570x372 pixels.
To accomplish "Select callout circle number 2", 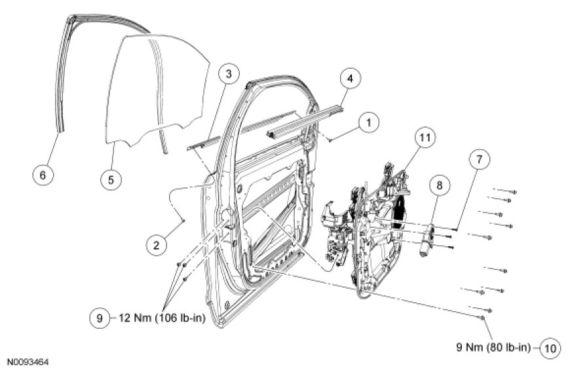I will pos(155,246).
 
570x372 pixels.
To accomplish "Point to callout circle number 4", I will pos(350,79).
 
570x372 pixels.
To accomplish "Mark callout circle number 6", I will pos(43,175).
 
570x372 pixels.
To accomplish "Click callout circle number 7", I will pos(477,160).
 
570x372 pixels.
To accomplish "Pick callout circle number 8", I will pos(439,186).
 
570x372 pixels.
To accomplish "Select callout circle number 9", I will pos(100,318).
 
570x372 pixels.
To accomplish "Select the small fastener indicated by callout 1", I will pos(332,139).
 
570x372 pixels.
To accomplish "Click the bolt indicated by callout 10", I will pos(483,318).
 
